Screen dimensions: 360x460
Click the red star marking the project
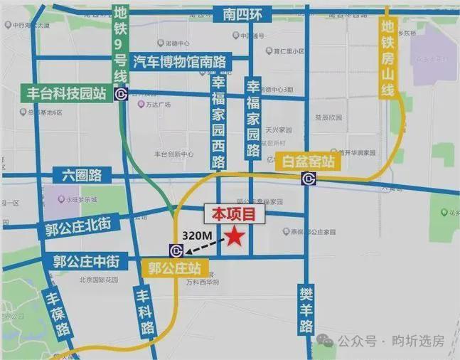click(234, 238)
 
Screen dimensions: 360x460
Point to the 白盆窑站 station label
click(309, 162)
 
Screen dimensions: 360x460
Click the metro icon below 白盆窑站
click(309, 178)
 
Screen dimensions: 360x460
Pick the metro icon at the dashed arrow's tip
click(176, 250)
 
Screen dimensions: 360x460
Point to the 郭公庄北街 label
click(82, 228)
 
